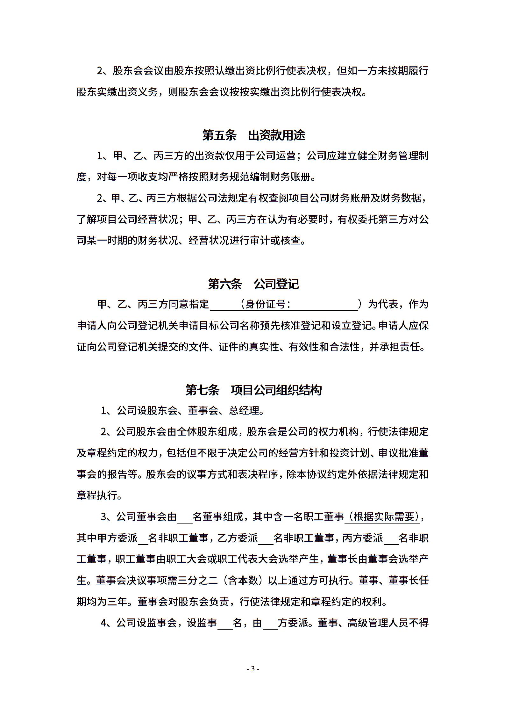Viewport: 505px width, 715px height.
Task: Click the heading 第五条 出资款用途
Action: (x=253, y=135)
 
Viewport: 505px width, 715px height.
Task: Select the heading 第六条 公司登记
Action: (x=253, y=284)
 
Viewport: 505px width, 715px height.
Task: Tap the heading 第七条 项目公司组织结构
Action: (x=253, y=390)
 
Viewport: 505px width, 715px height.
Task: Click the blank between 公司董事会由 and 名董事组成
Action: (x=185, y=517)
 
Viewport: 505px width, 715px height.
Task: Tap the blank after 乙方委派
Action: (x=266, y=539)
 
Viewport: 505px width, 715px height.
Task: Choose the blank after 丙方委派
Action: (x=391, y=539)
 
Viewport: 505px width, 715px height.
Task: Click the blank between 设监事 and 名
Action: (x=225, y=624)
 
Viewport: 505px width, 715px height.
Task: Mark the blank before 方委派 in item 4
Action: (x=270, y=624)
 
